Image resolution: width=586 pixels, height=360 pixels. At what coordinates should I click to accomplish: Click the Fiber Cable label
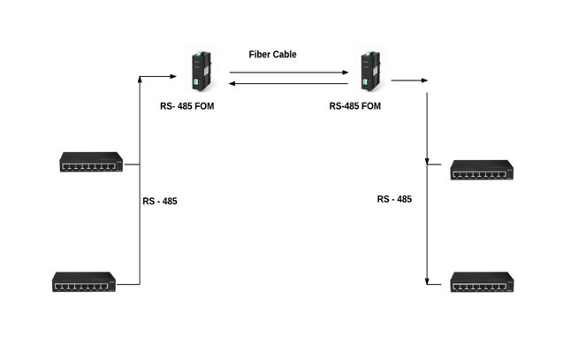tap(272, 54)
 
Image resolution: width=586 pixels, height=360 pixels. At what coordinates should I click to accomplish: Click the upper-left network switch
tap(92, 162)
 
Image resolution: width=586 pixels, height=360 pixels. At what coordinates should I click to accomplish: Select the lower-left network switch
tap(84, 282)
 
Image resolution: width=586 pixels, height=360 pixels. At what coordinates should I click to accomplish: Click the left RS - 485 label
tap(159, 202)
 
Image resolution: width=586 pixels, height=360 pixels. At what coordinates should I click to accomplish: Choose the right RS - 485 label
tap(394, 199)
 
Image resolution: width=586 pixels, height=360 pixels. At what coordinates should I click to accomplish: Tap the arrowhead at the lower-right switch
tap(429, 283)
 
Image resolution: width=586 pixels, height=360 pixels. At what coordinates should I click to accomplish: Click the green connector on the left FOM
tap(194, 84)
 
